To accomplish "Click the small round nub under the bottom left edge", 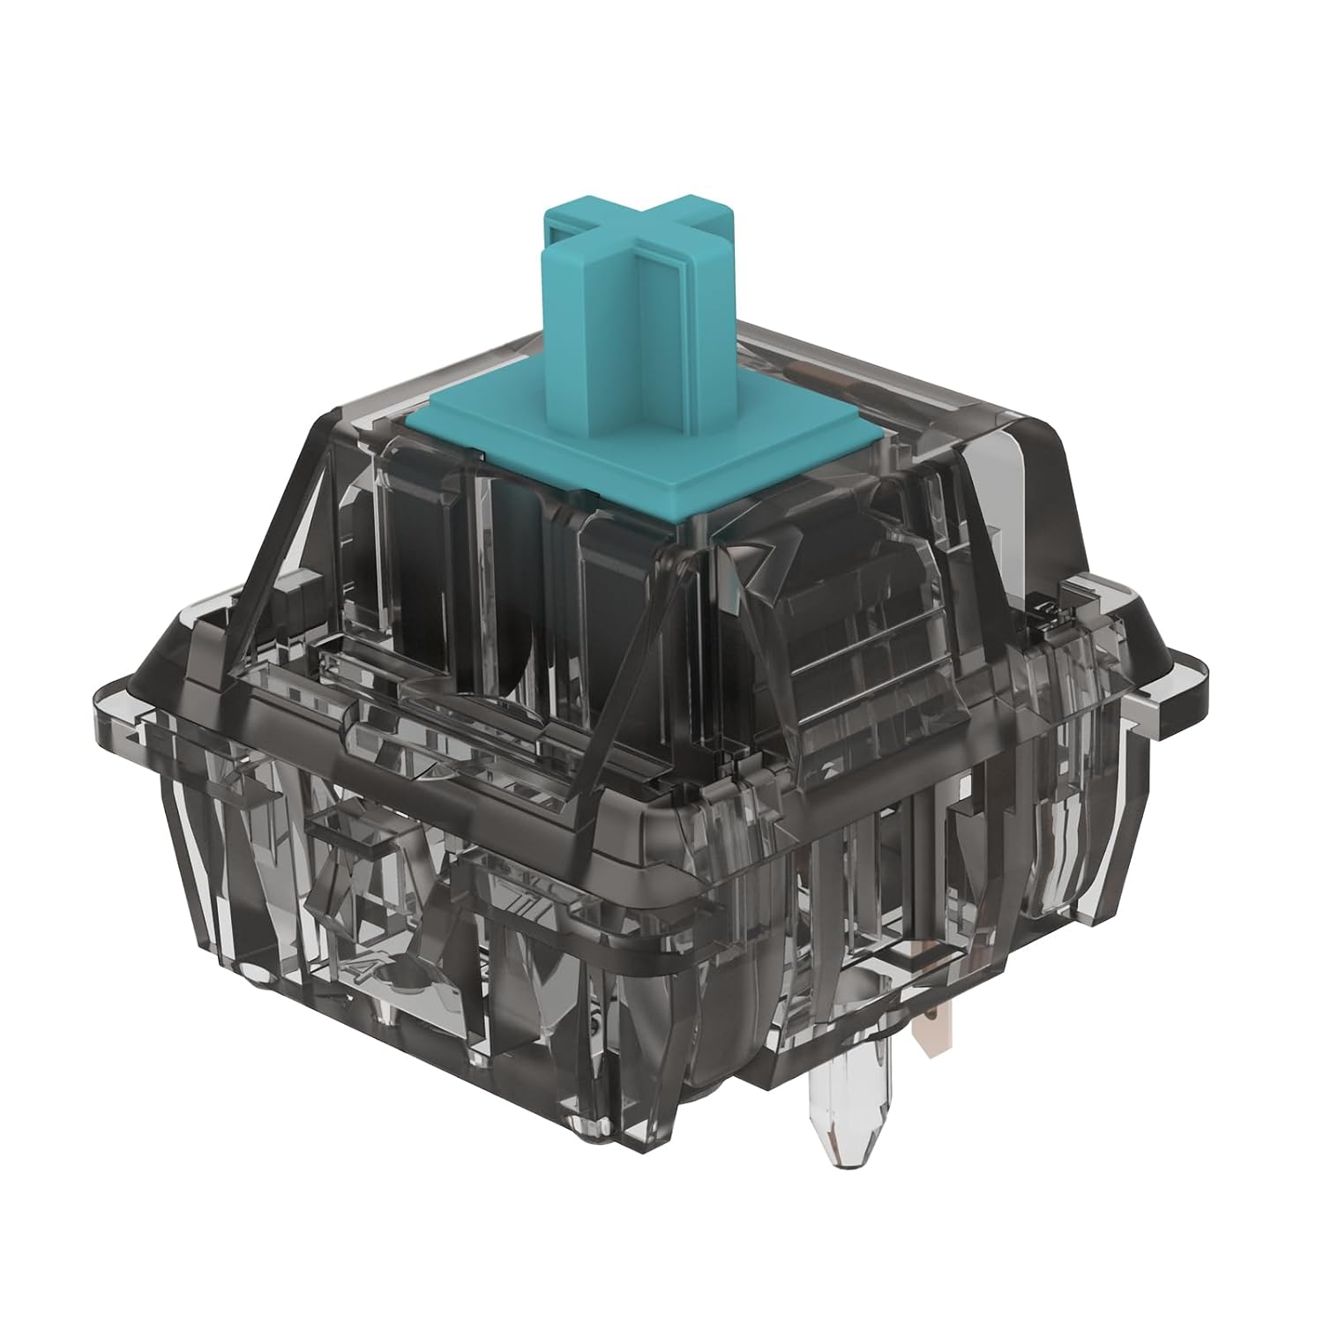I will point(256,970).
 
